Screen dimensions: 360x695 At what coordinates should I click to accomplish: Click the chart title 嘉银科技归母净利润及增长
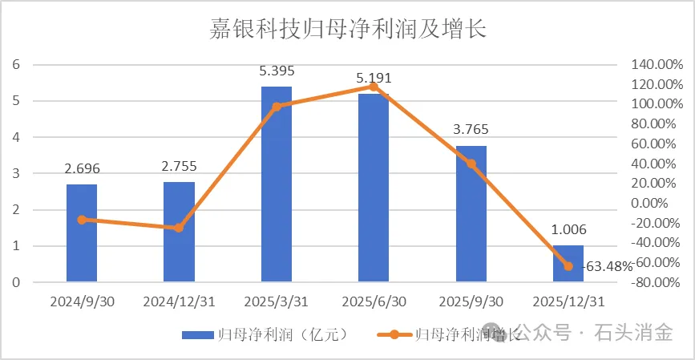(348, 30)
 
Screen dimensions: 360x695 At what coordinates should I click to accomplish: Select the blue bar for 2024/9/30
(82, 233)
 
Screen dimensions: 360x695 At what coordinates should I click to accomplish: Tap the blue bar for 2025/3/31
(277, 184)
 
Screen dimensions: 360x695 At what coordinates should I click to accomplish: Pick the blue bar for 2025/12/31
(568, 264)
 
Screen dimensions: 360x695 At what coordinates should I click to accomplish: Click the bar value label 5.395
(276, 72)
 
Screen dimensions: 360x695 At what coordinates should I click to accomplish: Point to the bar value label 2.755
(179, 168)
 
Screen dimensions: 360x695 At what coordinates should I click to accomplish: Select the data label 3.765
(471, 131)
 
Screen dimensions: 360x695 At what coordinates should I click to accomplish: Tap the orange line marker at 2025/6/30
(374, 87)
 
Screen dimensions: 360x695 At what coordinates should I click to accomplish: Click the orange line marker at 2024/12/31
(179, 228)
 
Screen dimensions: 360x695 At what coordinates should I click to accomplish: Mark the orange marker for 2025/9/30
(471, 164)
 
